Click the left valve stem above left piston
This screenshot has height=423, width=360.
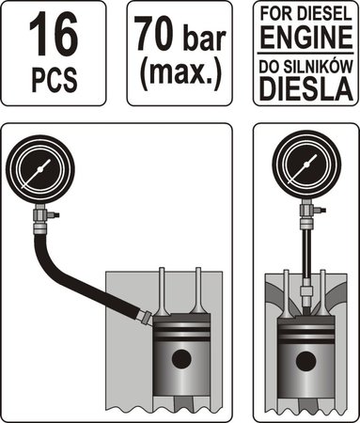[x=164, y=291]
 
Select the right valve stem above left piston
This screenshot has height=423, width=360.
[x=201, y=291]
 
